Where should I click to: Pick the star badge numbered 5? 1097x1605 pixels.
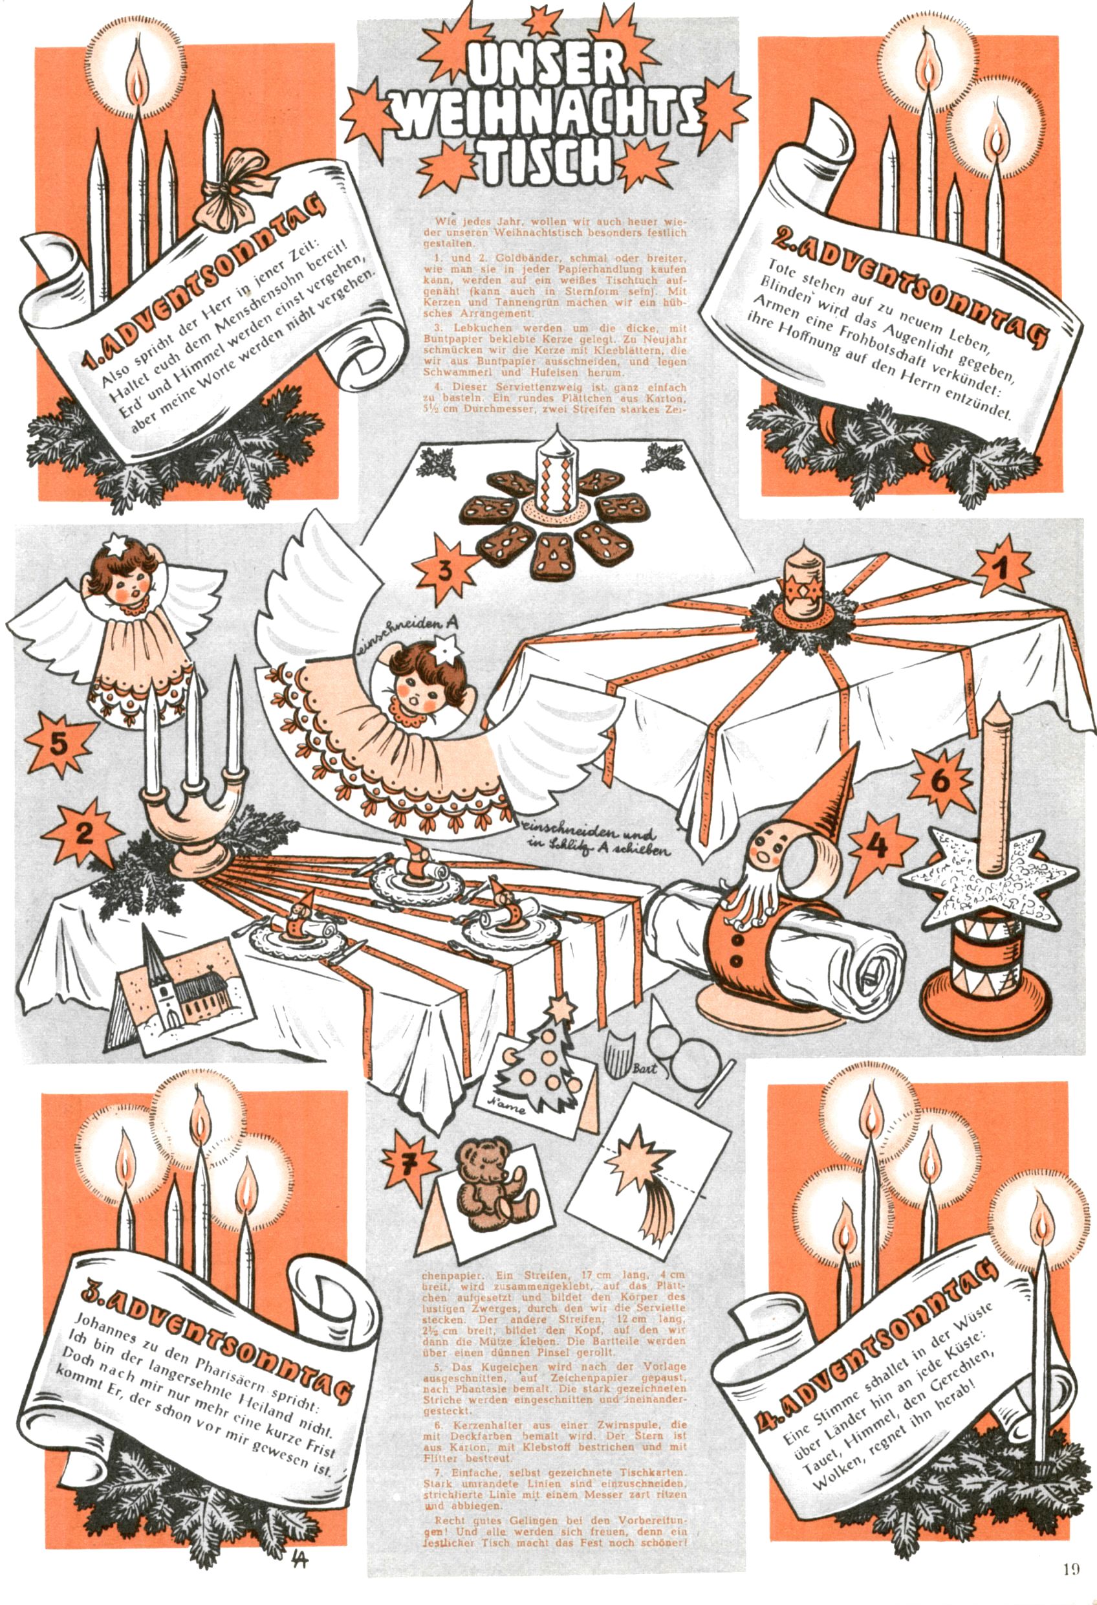[60, 744]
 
